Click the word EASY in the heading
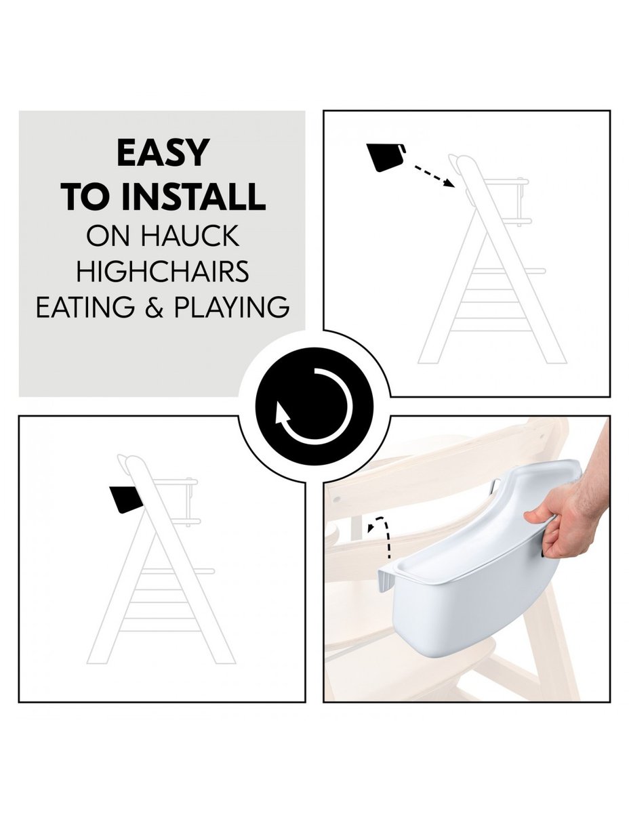pos(163,152)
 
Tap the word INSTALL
pos(193,196)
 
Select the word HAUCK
pos(190,235)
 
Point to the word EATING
pos(85,307)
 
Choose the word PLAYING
pos(232,307)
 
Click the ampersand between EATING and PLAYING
pos(154,307)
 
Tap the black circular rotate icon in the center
pos(314,406)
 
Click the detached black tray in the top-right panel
pos(386,157)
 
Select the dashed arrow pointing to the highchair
pos(434,176)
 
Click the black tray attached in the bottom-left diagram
pos(125,500)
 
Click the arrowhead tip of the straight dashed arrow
pos(455,186)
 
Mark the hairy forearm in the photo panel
pos(595,467)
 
